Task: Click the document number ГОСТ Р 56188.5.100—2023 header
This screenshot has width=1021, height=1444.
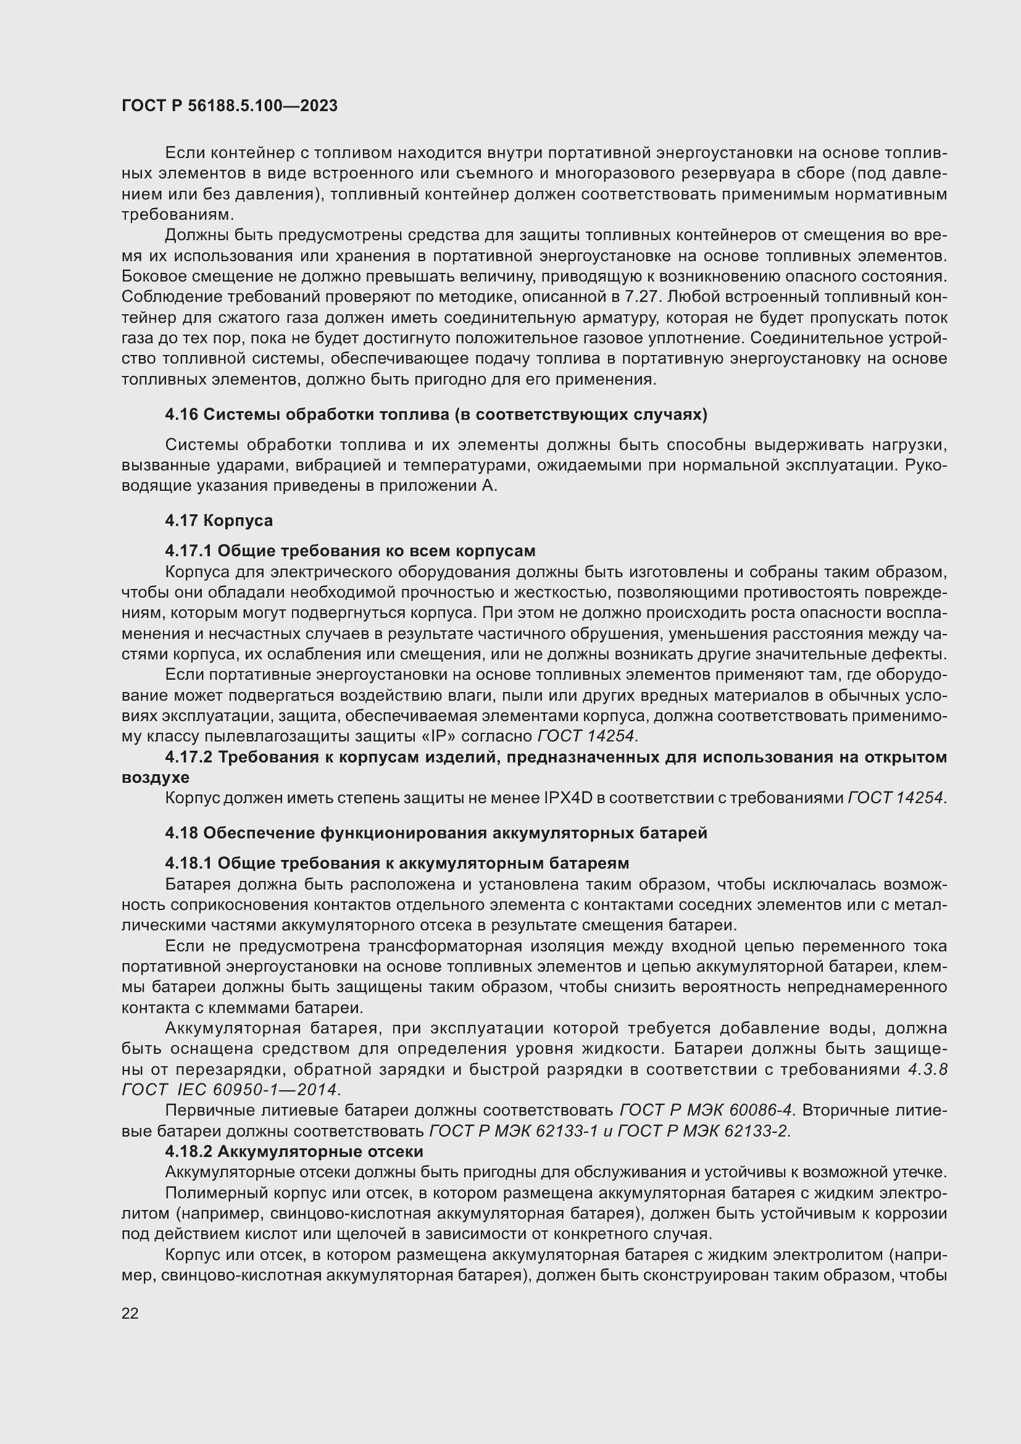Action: click(230, 106)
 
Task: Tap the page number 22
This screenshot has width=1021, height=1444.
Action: click(130, 1314)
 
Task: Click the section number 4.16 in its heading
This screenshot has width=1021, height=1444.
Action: click(181, 414)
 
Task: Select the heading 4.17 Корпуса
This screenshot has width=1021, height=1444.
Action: click(219, 521)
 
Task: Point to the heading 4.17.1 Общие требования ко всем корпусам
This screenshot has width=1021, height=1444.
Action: click(350, 551)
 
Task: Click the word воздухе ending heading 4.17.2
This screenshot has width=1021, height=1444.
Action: click(156, 778)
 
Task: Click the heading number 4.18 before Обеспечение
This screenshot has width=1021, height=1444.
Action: click(181, 833)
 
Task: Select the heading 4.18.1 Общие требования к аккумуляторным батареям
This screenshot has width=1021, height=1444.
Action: click(397, 863)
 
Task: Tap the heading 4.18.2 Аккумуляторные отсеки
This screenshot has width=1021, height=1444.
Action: click(294, 1151)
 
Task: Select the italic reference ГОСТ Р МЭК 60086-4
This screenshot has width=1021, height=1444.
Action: click(706, 1111)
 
